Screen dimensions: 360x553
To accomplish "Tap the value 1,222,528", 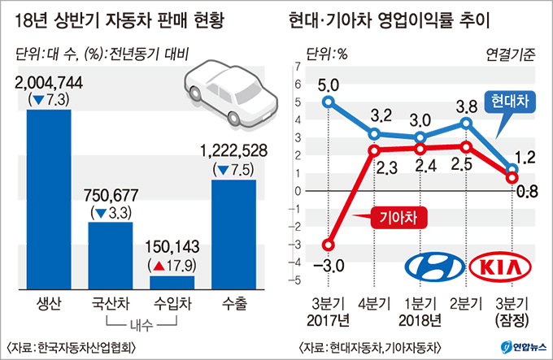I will click(234, 151).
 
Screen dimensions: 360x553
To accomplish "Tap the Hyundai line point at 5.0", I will click(329, 102).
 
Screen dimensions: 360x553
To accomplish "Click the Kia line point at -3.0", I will click(329, 244).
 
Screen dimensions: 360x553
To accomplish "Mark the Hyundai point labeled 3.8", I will click(466, 124).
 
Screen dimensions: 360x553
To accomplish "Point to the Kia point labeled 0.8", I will click(512, 176).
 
